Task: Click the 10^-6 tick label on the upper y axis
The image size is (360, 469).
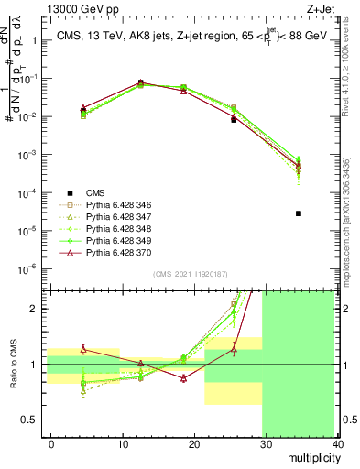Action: (27, 268)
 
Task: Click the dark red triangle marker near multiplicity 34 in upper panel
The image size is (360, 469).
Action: (298, 166)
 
